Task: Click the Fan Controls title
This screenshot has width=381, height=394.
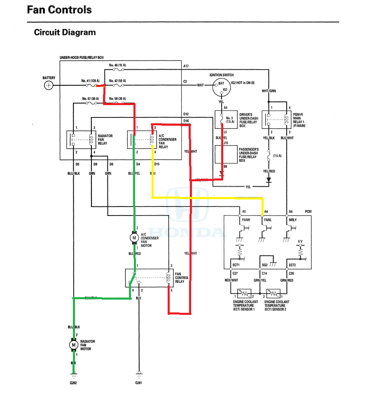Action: [59, 10]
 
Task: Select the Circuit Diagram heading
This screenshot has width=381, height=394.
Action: [65, 32]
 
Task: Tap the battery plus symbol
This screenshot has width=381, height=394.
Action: [49, 86]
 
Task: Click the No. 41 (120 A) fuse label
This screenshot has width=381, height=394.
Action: [90, 81]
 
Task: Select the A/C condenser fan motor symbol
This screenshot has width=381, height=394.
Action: [134, 237]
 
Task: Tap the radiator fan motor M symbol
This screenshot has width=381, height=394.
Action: [74, 345]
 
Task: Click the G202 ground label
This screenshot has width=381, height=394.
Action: [73, 383]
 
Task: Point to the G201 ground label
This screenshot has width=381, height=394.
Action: [139, 383]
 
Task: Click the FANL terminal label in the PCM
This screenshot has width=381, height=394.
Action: [269, 220]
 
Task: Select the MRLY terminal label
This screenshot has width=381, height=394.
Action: [292, 220]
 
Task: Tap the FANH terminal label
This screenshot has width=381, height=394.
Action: [246, 220]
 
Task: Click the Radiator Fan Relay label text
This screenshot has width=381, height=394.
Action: [102, 140]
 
